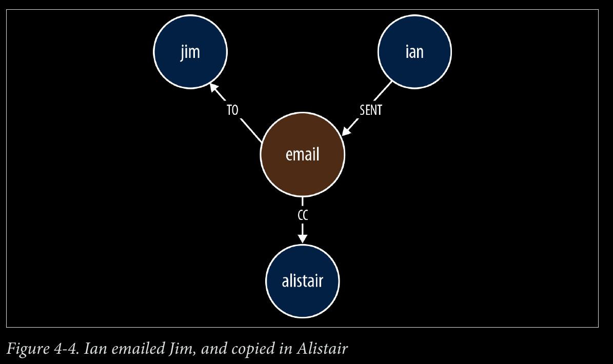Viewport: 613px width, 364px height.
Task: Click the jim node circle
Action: [x=190, y=52]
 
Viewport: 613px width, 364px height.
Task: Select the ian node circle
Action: [x=415, y=52]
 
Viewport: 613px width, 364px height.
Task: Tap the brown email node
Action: [x=303, y=154]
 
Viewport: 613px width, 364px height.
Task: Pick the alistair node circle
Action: [x=303, y=281]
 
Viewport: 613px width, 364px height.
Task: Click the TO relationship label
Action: [x=232, y=110]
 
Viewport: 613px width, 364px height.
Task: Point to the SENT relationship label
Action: [x=370, y=110]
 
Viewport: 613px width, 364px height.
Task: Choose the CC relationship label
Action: [x=303, y=215]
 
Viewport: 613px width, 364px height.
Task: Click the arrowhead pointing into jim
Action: [x=214, y=88]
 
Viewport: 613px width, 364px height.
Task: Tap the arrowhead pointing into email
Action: [x=347, y=130]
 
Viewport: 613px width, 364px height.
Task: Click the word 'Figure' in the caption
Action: [x=27, y=349]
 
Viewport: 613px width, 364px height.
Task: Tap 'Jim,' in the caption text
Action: [x=182, y=349]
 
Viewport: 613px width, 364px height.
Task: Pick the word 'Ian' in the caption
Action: [x=95, y=349]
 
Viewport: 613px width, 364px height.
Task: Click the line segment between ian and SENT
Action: [x=383, y=91]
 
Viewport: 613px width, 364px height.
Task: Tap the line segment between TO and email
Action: [x=251, y=130]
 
